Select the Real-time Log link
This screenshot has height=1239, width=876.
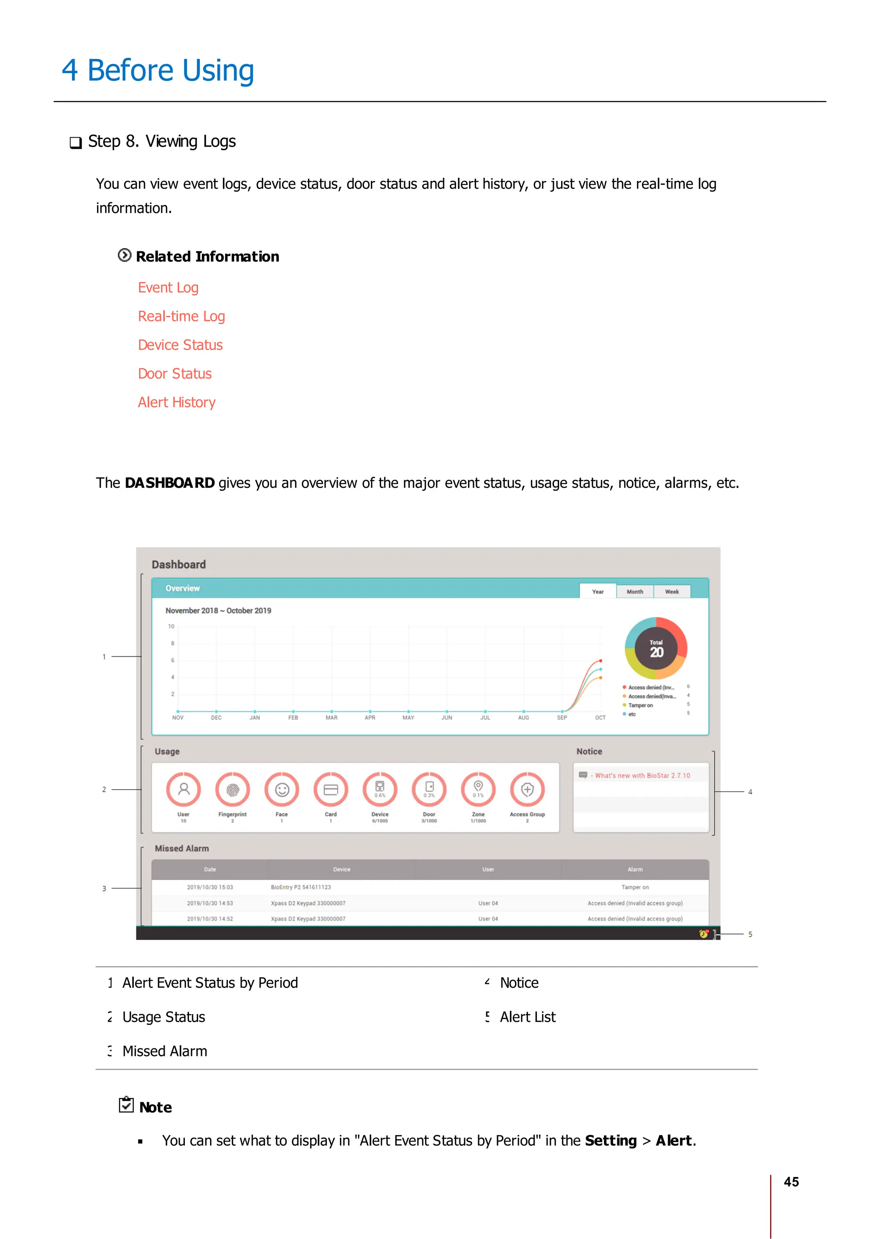181,316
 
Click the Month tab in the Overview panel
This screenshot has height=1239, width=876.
634,591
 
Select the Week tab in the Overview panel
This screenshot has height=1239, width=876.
672,591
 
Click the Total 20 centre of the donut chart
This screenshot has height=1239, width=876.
656,648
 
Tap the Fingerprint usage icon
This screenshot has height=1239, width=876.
232,790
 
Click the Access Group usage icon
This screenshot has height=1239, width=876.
527,790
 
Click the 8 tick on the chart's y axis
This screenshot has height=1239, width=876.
173,643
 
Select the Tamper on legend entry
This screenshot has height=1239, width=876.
640,705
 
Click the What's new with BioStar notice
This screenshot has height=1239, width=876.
642,776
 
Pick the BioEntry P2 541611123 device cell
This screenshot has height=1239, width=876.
301,887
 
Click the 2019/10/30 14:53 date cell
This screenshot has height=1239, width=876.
210,903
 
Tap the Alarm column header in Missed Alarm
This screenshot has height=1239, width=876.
635,869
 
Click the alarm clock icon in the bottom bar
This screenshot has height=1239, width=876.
703,934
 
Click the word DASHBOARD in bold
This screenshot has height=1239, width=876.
169,483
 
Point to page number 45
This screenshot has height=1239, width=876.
791,1182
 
